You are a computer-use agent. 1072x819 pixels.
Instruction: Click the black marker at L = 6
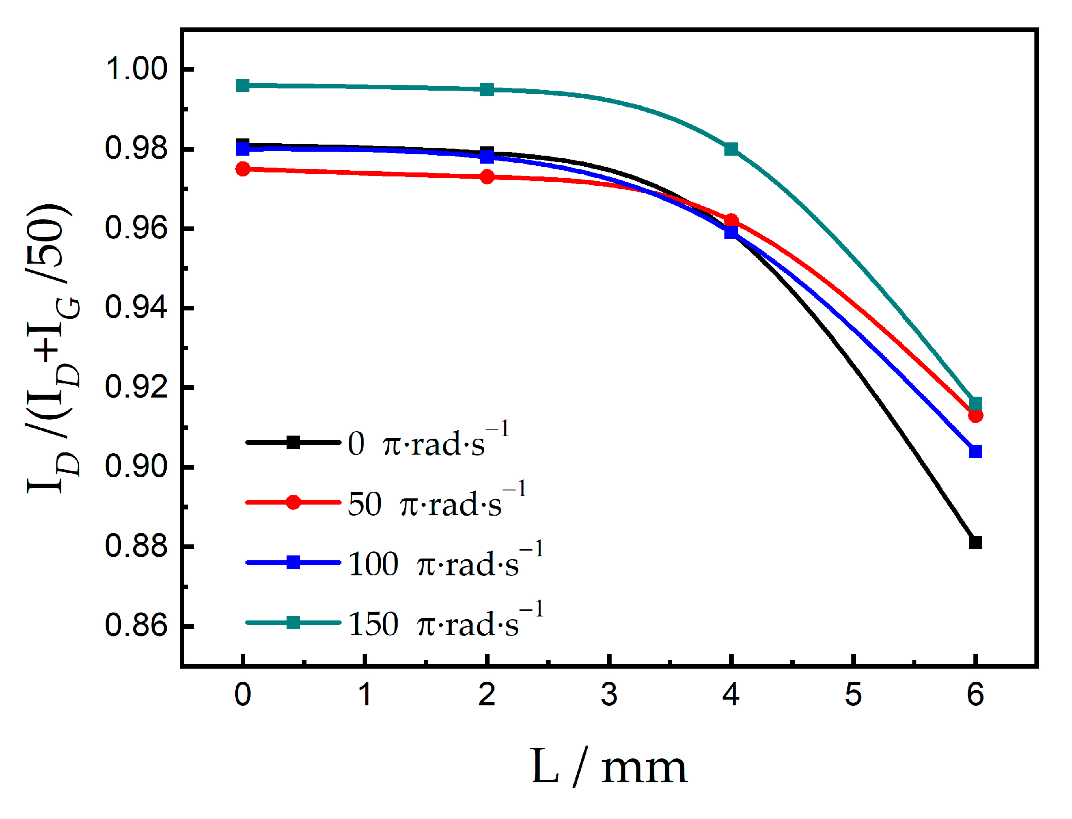[x=975, y=543]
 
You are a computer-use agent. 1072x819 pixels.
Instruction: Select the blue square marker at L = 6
[x=975, y=452]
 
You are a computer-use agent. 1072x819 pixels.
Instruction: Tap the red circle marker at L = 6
[x=976, y=416]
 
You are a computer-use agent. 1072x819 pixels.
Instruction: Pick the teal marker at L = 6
[x=975, y=404]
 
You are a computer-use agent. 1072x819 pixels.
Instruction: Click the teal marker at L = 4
[x=731, y=149]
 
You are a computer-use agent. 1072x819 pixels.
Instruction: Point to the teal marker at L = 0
[x=243, y=85]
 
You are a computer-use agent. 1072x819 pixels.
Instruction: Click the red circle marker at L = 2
[x=487, y=176]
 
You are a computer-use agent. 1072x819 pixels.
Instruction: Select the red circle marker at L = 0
[x=243, y=169]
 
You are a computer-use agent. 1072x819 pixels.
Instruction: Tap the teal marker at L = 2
[x=487, y=89]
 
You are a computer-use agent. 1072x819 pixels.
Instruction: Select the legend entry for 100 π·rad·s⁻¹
[x=395, y=563]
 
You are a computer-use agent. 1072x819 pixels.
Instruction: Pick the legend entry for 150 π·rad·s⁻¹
[x=395, y=623]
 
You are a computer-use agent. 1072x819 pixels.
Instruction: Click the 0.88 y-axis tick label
[x=136, y=546]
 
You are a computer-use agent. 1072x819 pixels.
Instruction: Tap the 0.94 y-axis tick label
[x=136, y=308]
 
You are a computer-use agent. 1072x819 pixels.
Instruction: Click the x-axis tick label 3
[x=609, y=695]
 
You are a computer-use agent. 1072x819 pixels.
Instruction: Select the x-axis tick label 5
[x=853, y=695]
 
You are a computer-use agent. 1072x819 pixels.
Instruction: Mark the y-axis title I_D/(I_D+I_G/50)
[x=51, y=348]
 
